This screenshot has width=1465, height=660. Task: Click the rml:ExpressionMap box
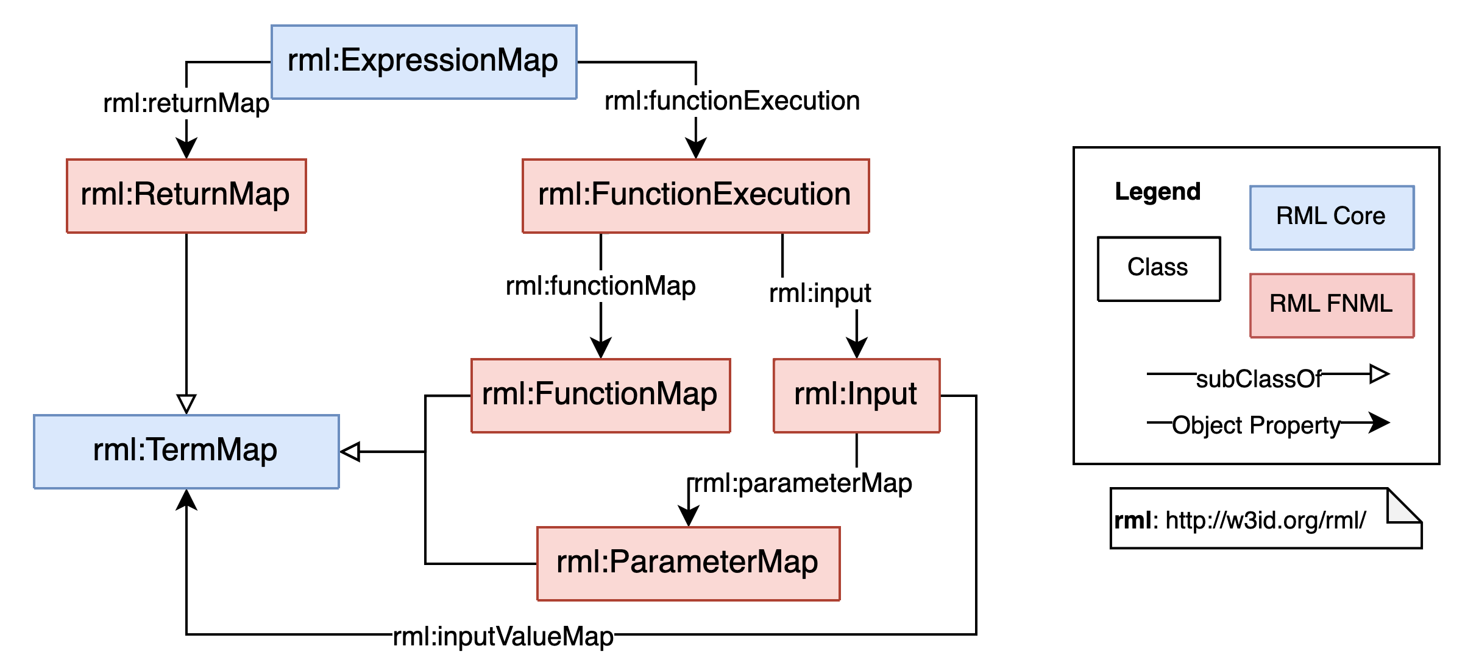pos(424,61)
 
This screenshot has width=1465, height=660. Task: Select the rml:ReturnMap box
pos(186,195)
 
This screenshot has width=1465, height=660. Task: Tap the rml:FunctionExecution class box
pos(695,195)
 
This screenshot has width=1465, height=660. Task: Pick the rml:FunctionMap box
pos(600,395)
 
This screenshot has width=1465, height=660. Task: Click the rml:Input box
pos(856,395)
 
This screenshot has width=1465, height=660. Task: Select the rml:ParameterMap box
pos(688,563)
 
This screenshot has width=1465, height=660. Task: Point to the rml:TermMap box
pos(186,451)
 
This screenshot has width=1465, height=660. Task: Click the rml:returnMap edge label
pos(186,103)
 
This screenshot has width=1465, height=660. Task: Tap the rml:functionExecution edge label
pos(732,101)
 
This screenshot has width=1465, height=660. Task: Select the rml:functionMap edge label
pos(600,286)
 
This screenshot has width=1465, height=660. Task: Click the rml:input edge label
pos(820,293)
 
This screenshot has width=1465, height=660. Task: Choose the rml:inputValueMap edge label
pos(503,636)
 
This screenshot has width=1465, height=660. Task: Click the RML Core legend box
pos(1332,217)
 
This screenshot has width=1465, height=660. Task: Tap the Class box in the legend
pos(1158,269)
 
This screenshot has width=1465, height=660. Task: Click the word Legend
pos(1157,192)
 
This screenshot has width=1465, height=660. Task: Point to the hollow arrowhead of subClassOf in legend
pos(1378,373)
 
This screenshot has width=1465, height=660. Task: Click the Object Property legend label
pos(1256,425)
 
